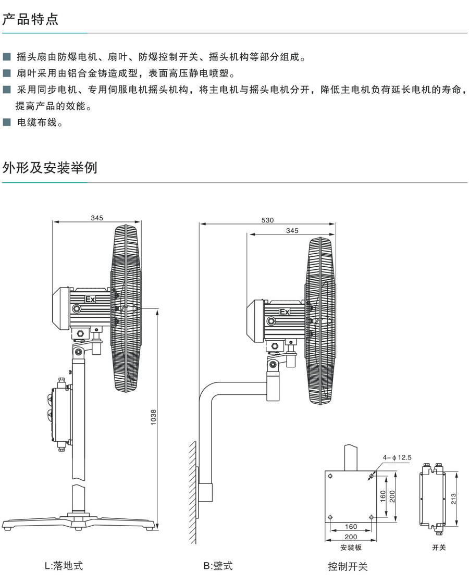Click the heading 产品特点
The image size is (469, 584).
(x=31, y=20)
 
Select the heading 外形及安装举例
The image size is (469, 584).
(x=50, y=168)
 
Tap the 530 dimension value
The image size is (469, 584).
(x=267, y=220)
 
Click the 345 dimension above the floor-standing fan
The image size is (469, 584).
(x=96, y=218)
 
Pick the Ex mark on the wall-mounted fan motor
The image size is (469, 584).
(x=285, y=312)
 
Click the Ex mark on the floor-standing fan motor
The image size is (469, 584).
(x=90, y=300)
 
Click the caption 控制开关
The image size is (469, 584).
(x=348, y=566)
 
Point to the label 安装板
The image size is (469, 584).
(x=351, y=548)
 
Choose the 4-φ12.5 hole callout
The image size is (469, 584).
(x=398, y=457)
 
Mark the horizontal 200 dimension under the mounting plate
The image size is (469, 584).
(x=351, y=537)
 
